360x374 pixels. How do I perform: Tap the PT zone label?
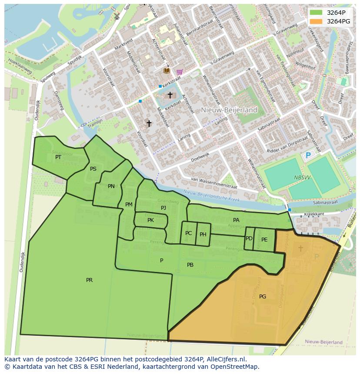58,157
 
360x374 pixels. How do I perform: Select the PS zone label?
93,169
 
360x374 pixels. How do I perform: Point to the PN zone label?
111,186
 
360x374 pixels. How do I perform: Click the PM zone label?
129,205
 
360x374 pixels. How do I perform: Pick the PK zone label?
150,220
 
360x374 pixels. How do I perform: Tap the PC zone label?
188,233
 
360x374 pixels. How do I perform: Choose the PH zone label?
203,235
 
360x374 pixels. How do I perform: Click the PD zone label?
249,238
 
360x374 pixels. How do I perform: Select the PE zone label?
264,239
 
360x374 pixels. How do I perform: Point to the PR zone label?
89,280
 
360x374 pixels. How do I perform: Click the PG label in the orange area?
263,297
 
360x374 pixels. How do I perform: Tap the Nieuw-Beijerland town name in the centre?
229,110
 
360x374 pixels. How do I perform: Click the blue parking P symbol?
308,156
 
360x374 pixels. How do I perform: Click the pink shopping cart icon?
180,72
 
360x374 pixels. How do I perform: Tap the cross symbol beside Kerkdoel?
170,95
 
